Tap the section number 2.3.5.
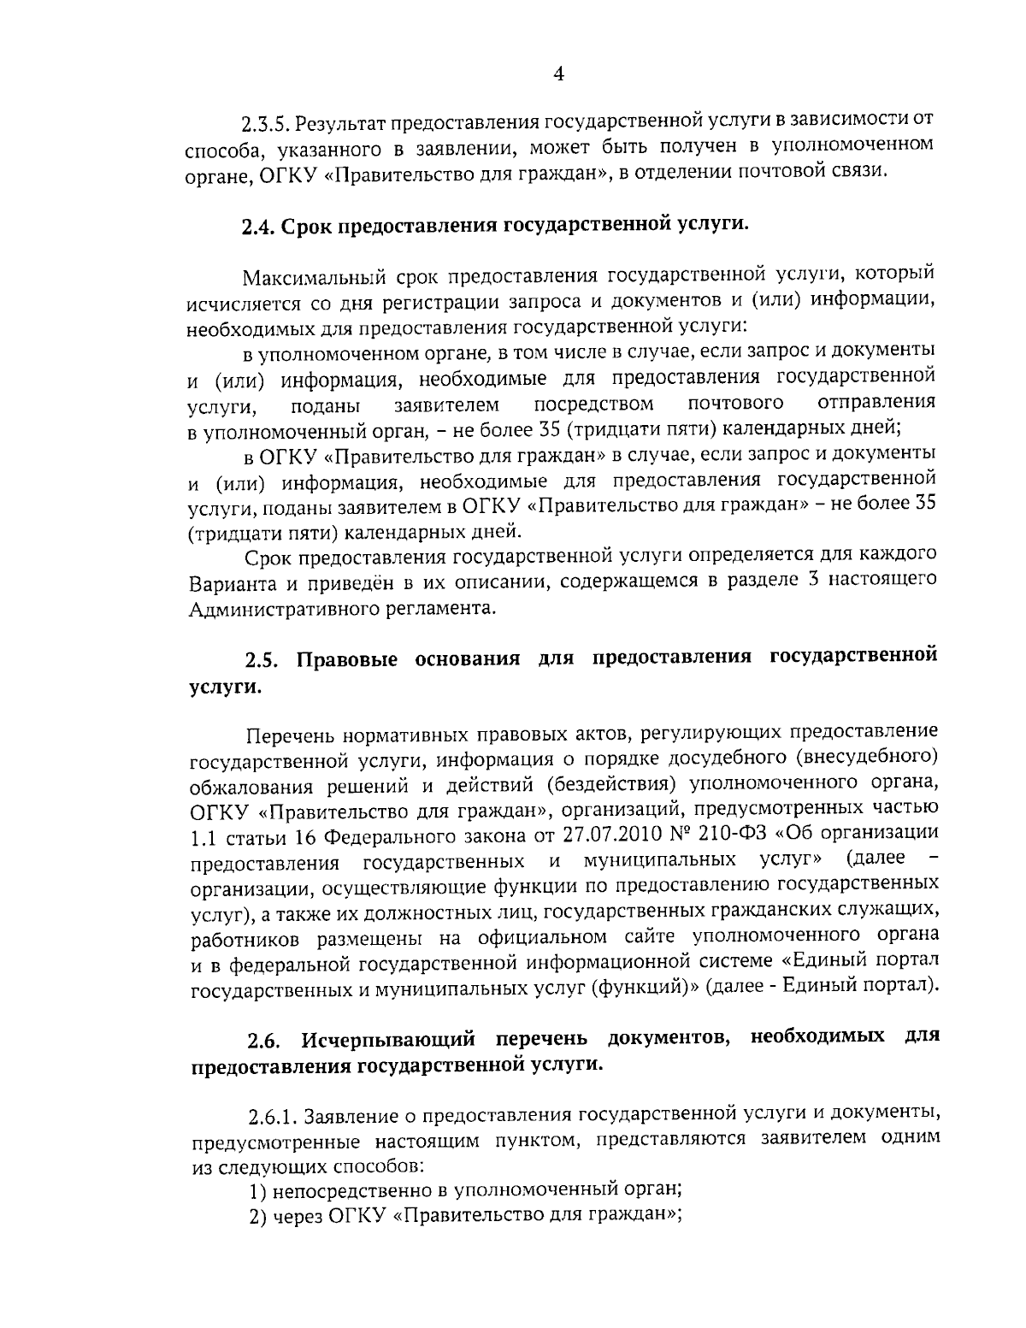pos(267,124)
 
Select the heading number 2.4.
pos(257,226)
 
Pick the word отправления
pos(876,401)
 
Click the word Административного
pos(280,609)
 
